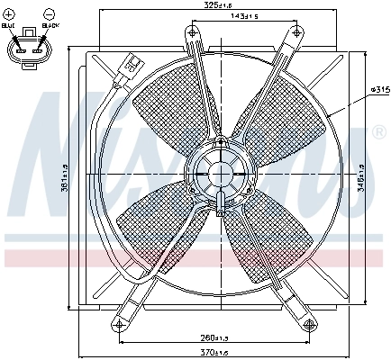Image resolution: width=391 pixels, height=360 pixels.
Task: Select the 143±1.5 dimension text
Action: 244,17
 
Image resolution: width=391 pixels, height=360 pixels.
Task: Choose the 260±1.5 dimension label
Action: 214,338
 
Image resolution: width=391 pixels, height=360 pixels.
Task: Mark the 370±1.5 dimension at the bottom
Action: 214,352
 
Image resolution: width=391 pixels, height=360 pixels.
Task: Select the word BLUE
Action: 10,26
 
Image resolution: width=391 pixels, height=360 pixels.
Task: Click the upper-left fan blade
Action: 173,102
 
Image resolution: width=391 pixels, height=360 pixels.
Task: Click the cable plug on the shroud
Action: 131,66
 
